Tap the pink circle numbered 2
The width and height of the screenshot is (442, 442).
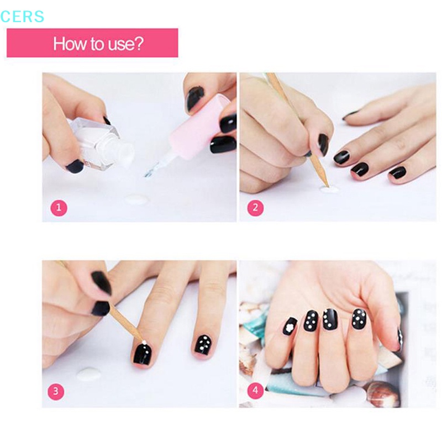[x=255, y=208]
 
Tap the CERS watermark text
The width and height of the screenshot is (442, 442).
[x=22, y=17]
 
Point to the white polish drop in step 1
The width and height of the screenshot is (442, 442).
[x=136, y=199]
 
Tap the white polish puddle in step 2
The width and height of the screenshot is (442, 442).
[x=329, y=190]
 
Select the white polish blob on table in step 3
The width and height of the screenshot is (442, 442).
[x=88, y=375]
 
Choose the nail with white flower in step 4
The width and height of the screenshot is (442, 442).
[x=289, y=326]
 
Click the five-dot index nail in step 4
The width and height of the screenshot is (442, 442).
[x=359, y=318]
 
